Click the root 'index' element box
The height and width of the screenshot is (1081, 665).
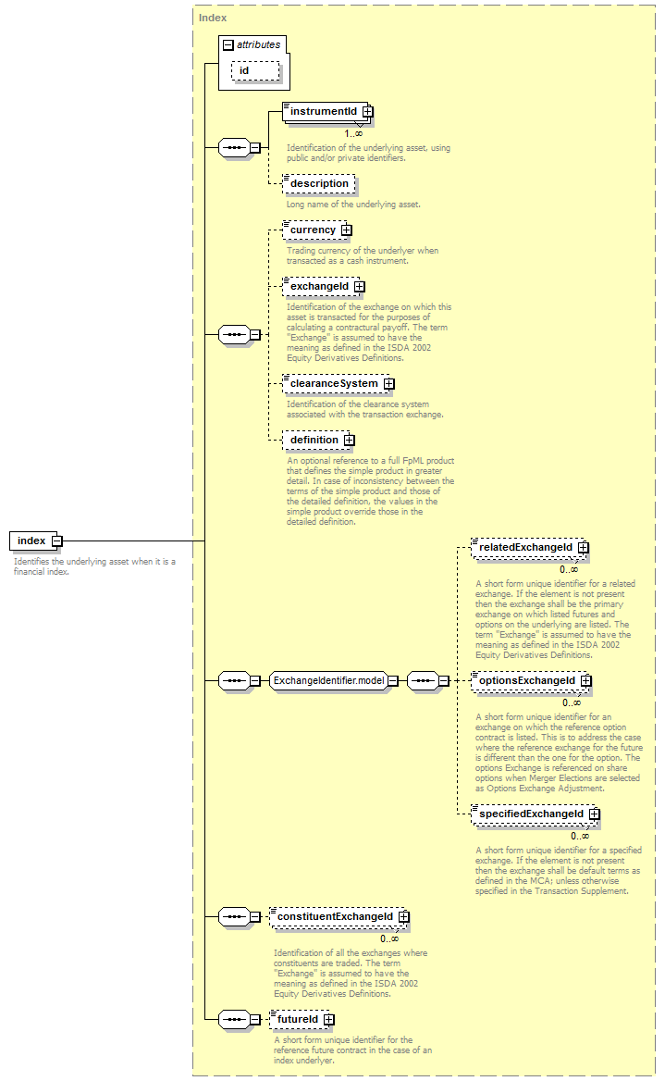pos(35,540)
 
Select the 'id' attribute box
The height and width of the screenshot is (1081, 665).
pos(255,71)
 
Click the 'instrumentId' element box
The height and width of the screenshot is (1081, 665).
pos(327,112)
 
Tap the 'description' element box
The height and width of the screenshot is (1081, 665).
pos(319,184)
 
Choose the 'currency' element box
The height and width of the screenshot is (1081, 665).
pos(317,230)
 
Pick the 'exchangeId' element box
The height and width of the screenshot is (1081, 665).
pos(323,286)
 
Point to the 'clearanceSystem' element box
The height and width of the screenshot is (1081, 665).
pos(339,383)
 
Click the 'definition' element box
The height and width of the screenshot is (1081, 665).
pos(318,440)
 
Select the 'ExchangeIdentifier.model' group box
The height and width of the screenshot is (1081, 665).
pos(334,680)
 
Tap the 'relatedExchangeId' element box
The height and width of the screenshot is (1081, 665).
pos(529,547)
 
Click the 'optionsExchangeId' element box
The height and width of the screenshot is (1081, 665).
pos(531,680)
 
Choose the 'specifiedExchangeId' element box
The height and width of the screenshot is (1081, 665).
pos(535,814)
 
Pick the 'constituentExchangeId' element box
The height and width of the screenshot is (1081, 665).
pos(339,917)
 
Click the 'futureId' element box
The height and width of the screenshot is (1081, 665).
pos(302,1020)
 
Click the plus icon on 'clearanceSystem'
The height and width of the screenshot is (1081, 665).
pos(389,383)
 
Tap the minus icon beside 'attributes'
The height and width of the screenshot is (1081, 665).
pos(228,44)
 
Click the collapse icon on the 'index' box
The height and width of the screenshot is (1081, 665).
pos(57,541)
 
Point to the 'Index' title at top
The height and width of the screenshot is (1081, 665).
pos(212,18)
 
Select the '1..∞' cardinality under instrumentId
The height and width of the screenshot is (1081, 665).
pos(353,134)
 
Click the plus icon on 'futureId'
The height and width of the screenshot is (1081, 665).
pos(328,1020)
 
